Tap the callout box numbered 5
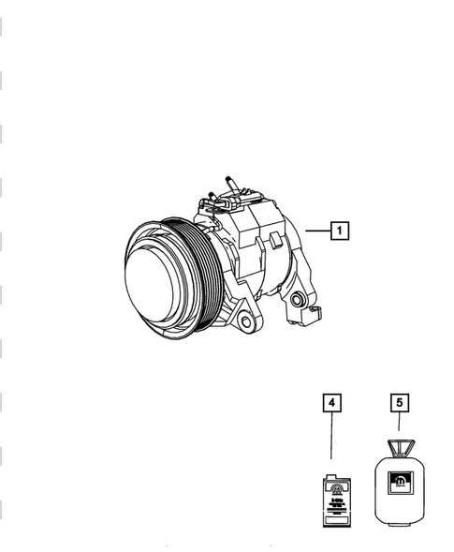tap(399, 403)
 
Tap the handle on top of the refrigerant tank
tap(399, 448)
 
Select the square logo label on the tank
tap(399, 485)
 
